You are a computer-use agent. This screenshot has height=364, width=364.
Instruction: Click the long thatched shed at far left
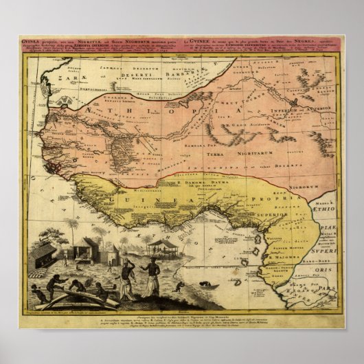[44, 254]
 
